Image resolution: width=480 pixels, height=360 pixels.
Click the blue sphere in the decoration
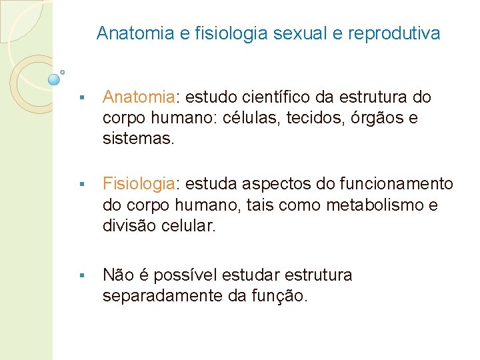54,80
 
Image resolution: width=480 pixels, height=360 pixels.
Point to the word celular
189,226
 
